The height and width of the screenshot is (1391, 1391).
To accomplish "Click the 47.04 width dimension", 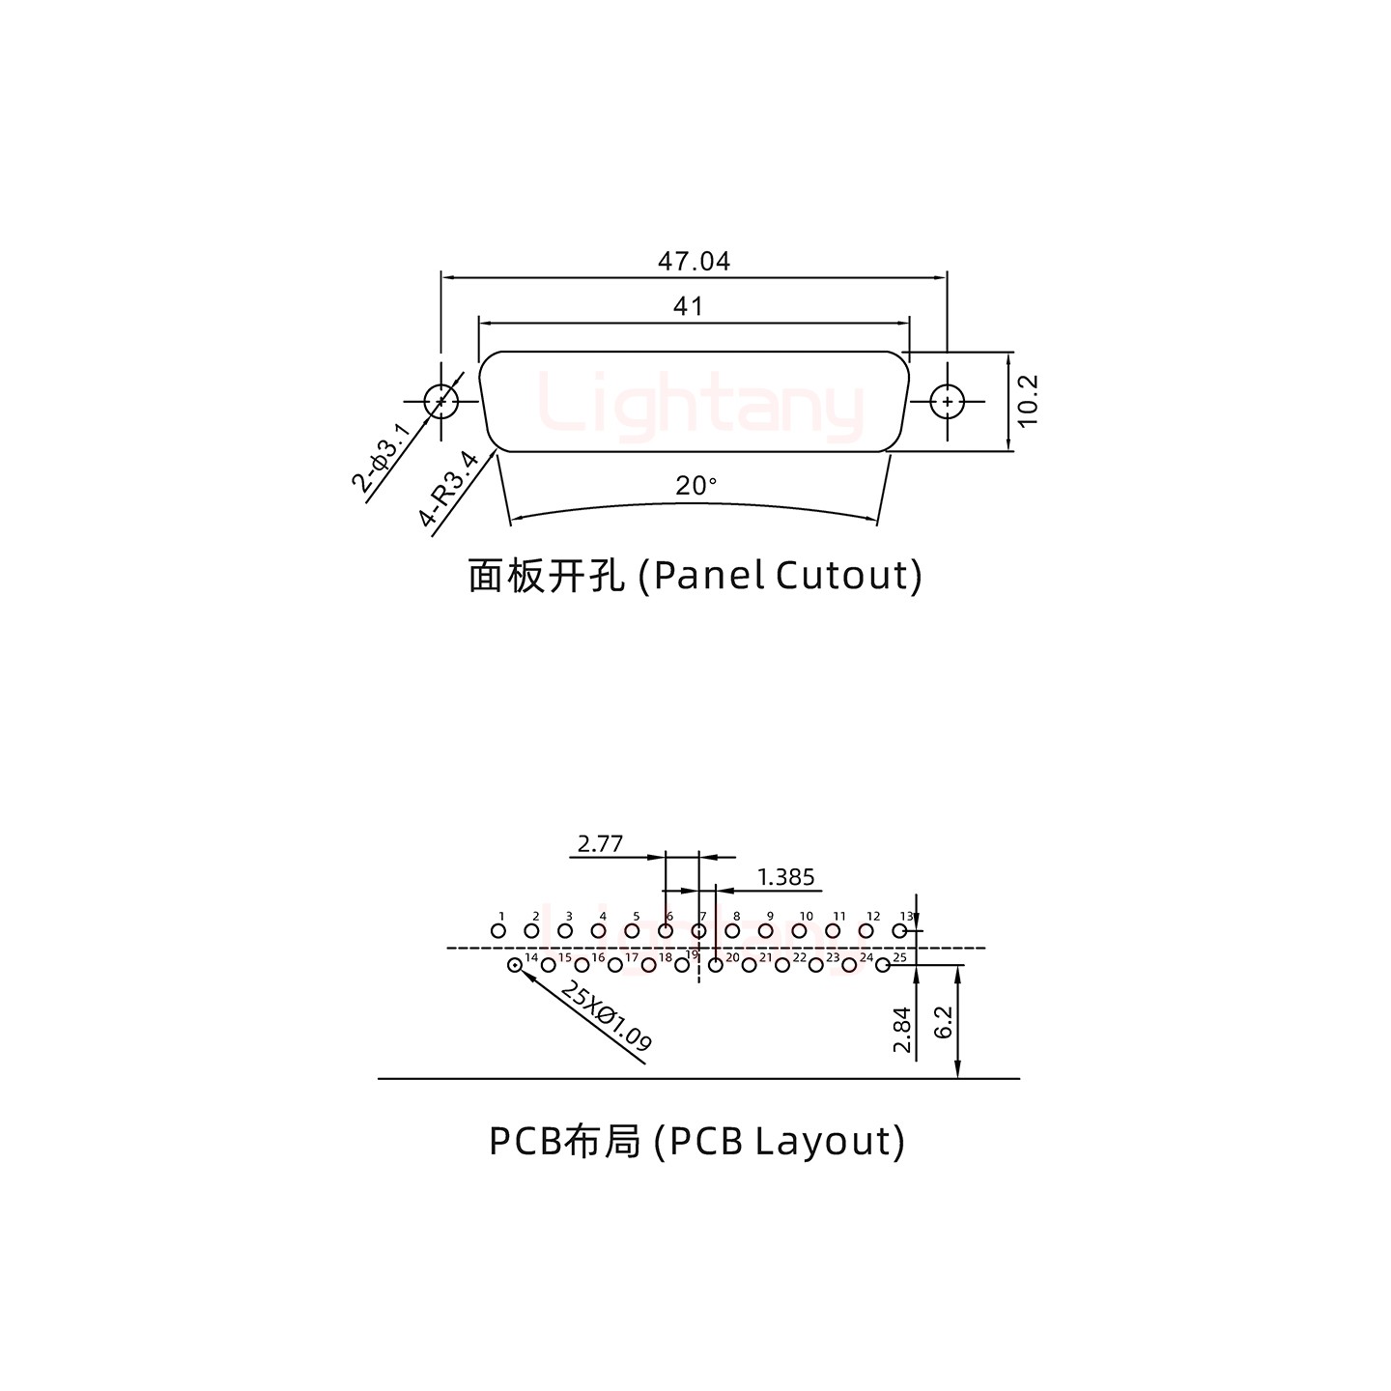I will click(x=694, y=261).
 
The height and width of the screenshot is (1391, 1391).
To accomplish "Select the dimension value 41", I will click(x=688, y=307).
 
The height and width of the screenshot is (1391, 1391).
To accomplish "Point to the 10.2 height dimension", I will click(x=1027, y=400).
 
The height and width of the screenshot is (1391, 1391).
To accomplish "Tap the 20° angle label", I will click(x=696, y=486).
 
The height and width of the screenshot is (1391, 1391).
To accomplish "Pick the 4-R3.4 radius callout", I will click(x=448, y=490).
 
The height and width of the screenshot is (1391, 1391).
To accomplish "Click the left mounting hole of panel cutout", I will click(x=441, y=401).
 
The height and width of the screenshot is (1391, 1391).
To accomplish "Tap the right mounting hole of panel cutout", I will click(x=948, y=401).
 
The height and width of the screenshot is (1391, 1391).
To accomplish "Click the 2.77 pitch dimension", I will click(x=600, y=844).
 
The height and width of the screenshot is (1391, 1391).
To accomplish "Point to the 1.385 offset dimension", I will click(x=785, y=877).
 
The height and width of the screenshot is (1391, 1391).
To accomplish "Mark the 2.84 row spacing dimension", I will click(x=902, y=1030).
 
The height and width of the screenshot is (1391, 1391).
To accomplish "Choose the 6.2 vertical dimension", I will click(x=944, y=1021).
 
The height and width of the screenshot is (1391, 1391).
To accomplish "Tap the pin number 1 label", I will click(x=501, y=916).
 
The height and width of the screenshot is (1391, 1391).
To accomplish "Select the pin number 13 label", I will click(x=906, y=916).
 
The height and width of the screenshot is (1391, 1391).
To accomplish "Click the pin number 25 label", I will click(x=899, y=957).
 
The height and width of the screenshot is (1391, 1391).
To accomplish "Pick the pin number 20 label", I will click(x=732, y=957).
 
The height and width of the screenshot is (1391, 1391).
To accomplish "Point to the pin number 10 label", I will click(x=806, y=916).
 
